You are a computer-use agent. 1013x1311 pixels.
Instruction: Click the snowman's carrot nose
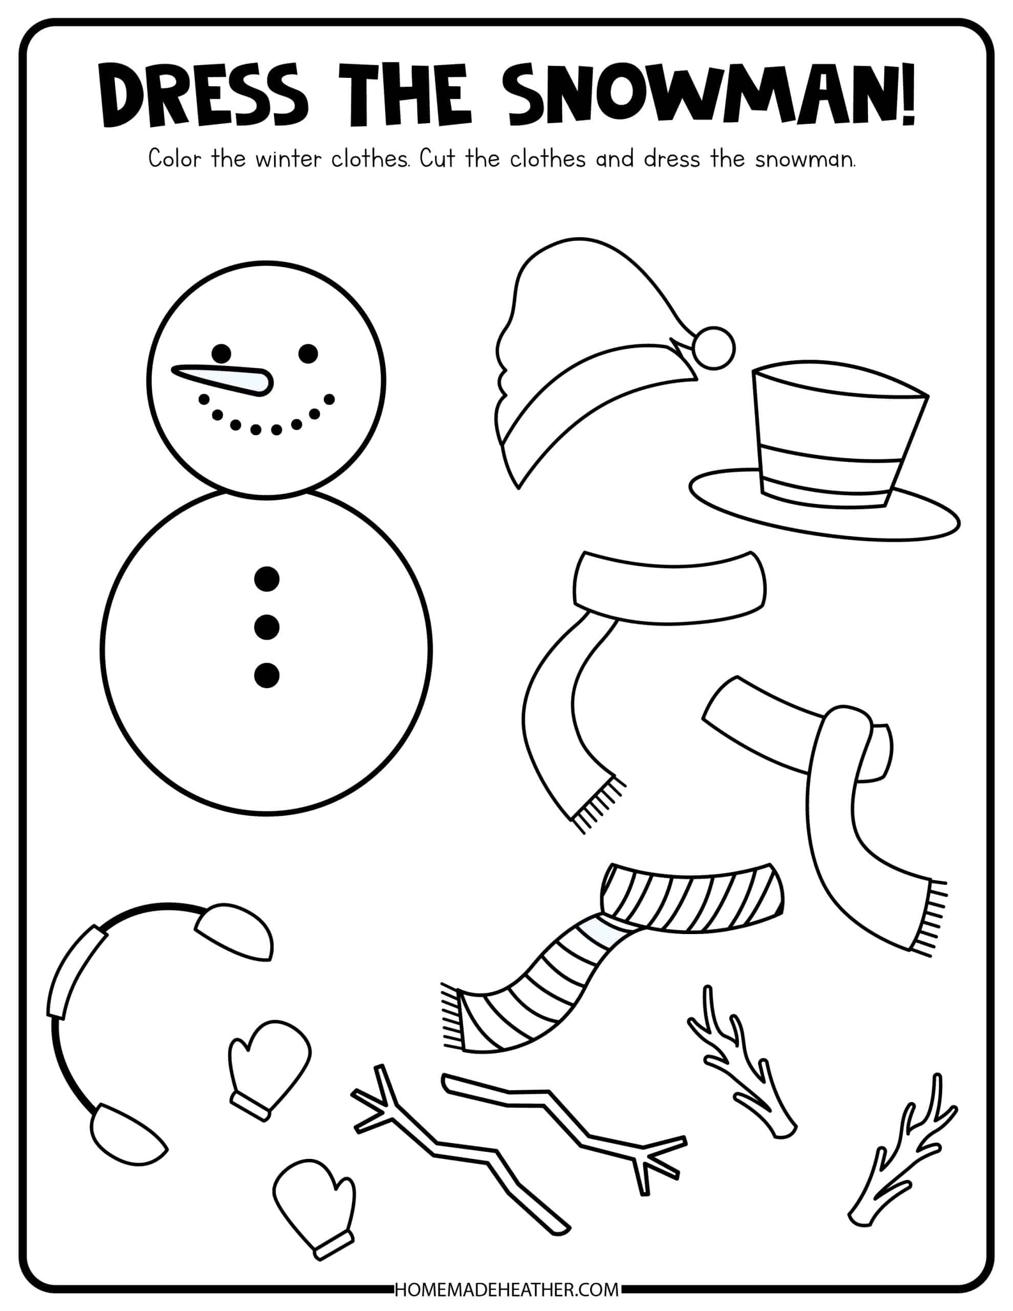pos(223,380)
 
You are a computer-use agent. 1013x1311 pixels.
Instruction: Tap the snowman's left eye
pos(221,353)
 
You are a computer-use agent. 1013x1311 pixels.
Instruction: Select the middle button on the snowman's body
pos(267,627)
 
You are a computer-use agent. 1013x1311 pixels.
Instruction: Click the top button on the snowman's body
pos(267,579)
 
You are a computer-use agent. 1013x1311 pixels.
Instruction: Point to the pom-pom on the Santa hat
pos(714,347)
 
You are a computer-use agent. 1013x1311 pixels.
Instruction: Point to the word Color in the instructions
pos(175,160)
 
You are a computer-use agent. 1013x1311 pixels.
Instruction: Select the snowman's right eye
pos(308,353)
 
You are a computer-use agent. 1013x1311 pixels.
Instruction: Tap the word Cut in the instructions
pos(438,160)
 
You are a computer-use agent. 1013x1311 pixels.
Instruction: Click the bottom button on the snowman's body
pos(267,675)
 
